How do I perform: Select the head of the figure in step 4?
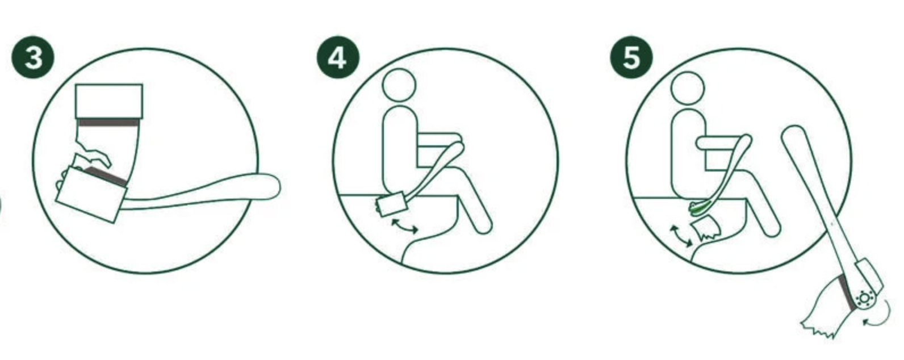pyautogui.click(x=399, y=85)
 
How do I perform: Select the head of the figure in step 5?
pyautogui.click(x=688, y=89)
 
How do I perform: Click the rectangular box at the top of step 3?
pyautogui.click(x=109, y=101)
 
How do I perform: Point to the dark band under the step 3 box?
pyautogui.click(x=109, y=123)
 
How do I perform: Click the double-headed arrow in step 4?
pyautogui.click(x=404, y=226)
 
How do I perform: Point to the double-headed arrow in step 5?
pyautogui.click(x=681, y=236)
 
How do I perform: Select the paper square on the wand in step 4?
pyautogui.click(x=391, y=204)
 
